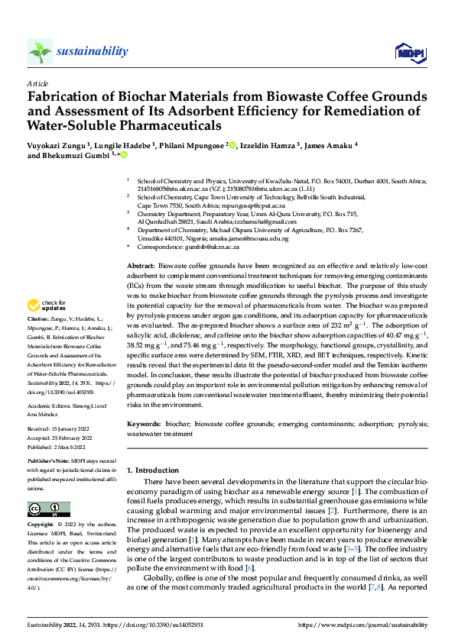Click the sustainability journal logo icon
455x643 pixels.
41,51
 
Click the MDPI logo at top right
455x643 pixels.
408,52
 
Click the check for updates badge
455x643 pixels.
48,304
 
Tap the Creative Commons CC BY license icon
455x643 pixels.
49,509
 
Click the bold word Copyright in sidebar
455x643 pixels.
41,525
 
